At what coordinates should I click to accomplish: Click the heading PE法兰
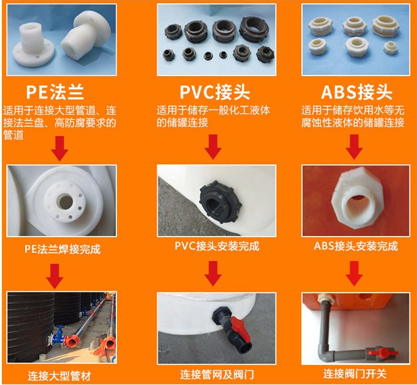55,92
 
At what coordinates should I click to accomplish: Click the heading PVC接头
215,92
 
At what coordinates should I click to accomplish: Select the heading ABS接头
357,92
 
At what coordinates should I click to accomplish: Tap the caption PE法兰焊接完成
62,249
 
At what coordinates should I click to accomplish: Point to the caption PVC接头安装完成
217,246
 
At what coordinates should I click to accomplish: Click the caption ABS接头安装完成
356,246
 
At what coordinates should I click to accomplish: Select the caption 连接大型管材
60,376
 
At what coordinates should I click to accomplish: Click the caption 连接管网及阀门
217,375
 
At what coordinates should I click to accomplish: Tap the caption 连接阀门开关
355,374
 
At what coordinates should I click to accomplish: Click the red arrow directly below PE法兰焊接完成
55,276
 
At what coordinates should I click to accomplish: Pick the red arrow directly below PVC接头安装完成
213,274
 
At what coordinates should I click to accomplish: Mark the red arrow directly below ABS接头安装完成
354,274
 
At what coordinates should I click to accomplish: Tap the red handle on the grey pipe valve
382,353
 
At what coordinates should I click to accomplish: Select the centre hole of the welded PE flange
65,201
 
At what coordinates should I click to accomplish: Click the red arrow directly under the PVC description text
213,147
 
